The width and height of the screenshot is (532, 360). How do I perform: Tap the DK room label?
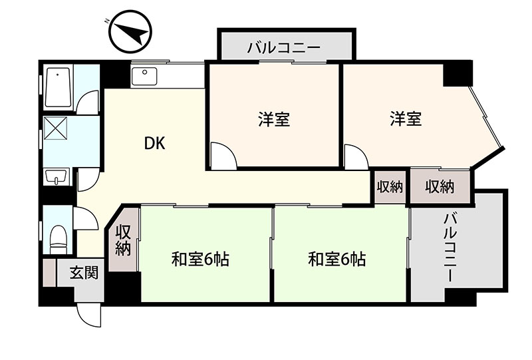pos(155,143)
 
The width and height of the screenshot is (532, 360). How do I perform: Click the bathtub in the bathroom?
pos(59,88)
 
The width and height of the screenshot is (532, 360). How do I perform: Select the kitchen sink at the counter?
pos(144,76)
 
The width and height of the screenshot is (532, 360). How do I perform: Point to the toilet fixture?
pos(58,239)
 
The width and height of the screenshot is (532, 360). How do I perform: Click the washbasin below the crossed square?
pos(56,176)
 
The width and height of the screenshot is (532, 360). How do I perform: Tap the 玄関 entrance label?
pos(84,273)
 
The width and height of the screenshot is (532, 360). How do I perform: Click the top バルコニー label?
pos(284,48)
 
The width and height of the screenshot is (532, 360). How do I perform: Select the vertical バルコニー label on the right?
pos(450,248)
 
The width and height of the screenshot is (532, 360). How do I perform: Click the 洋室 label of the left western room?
pos(274,119)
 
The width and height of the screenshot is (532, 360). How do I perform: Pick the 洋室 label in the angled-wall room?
pos(406,118)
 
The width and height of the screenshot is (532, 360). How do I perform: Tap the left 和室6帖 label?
pos(200,260)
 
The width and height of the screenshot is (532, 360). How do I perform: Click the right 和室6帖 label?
pos(337,260)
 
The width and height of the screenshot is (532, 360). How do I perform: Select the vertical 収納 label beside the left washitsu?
pos(123,240)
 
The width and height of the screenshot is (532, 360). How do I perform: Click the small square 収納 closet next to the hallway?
pos(390,187)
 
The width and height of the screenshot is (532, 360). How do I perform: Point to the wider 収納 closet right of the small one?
pos(440,187)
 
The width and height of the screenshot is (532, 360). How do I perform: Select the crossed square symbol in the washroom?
pos(56,128)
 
